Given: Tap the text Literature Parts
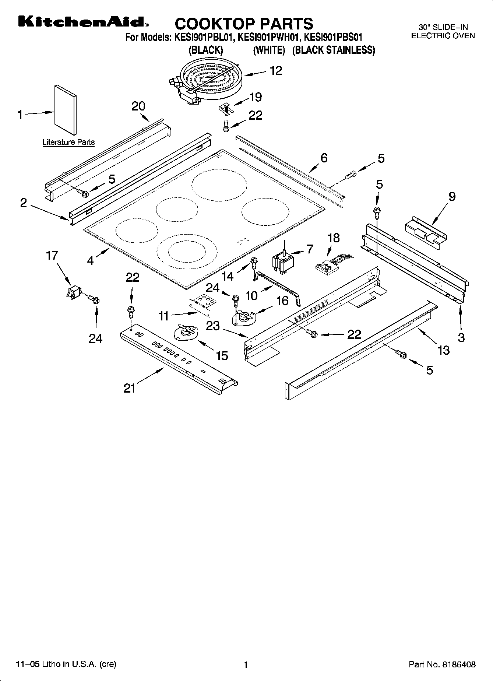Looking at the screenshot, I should tap(68, 142).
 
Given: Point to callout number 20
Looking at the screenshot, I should tap(138, 106).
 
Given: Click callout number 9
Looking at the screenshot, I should tap(452, 196).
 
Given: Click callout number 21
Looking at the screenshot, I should tap(129, 388).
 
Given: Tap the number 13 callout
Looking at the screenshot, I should tap(443, 350).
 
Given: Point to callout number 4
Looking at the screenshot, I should tap(91, 260).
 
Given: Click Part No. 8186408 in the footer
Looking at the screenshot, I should tap(442, 664).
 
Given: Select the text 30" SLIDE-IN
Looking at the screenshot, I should tap(443, 27).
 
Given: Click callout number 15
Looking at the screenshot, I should tap(222, 355).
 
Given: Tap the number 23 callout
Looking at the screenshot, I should tap(213, 326).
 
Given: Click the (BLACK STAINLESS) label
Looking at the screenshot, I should tap(333, 50).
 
